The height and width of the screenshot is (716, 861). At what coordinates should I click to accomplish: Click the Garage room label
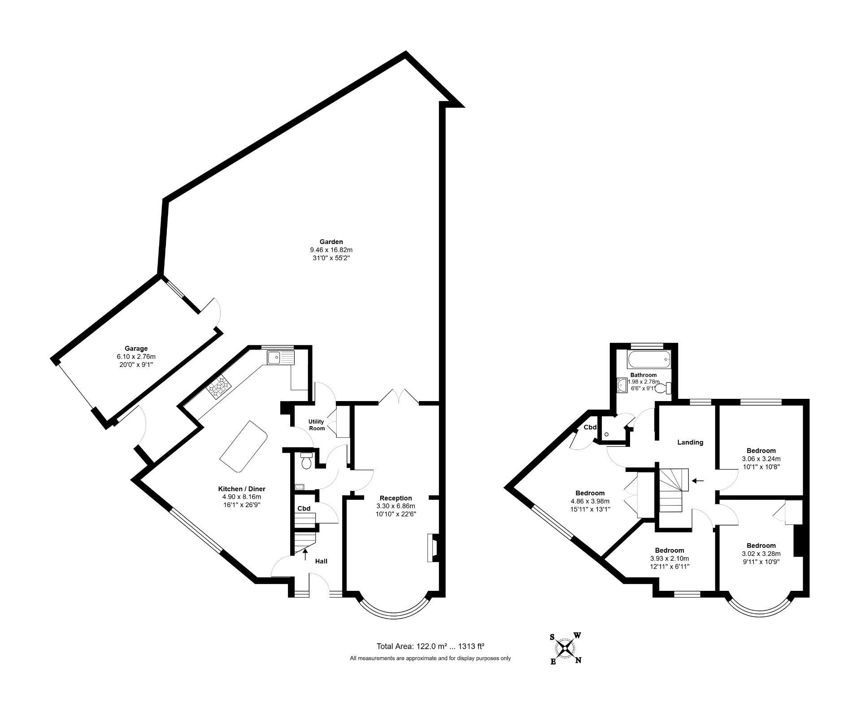136,349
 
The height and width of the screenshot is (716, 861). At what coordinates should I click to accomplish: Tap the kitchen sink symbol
281,358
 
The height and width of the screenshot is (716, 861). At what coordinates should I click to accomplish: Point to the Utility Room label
316,425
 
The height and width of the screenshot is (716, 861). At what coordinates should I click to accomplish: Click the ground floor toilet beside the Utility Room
307,462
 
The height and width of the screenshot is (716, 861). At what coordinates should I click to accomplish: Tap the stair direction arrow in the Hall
305,554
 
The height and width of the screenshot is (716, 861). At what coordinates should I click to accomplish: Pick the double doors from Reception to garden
399,397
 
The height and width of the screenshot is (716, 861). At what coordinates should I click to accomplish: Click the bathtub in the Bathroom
649,359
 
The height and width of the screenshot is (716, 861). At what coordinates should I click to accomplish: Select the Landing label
690,442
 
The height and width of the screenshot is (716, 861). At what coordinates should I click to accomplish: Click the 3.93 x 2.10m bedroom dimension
669,559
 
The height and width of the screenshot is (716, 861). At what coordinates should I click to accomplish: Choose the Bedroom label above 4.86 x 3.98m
590,493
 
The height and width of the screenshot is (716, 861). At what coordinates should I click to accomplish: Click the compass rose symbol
565,648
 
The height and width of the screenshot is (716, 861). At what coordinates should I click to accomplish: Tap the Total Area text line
430,646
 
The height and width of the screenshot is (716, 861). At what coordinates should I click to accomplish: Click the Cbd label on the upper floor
590,427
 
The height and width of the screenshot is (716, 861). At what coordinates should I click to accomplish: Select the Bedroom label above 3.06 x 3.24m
761,451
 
